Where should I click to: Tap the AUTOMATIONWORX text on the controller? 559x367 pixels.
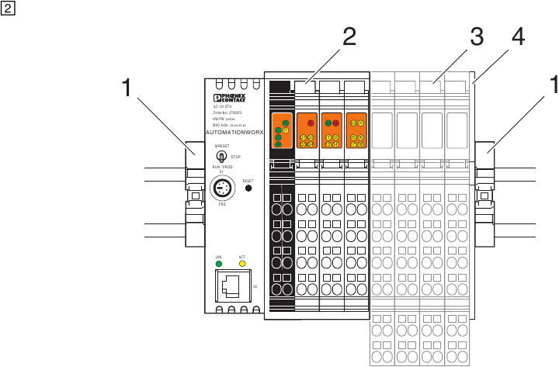tap(235, 133)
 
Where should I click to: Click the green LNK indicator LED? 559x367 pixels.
tap(219, 264)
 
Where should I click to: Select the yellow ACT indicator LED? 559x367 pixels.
tap(242, 264)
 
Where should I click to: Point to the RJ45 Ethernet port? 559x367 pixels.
tap(231, 287)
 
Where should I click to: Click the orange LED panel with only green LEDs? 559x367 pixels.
tap(280, 130)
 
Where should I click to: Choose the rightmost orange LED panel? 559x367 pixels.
tap(357, 130)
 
